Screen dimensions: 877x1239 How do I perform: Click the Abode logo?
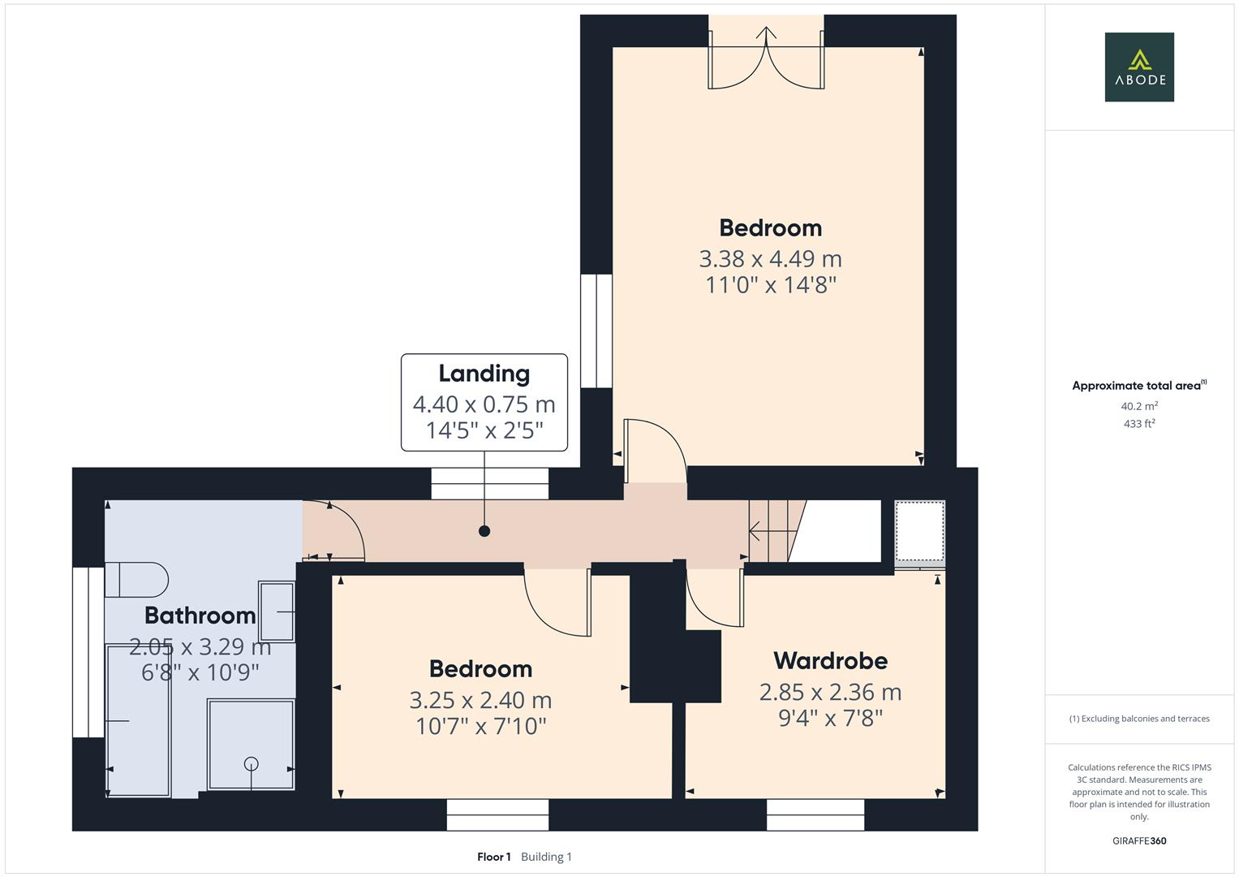tap(1138, 67)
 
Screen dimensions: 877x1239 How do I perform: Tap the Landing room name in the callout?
tap(484, 374)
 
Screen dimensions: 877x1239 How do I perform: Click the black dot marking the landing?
tap(484, 531)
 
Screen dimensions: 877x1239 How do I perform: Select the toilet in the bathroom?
tap(136, 579)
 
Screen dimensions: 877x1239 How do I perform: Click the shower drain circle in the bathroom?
tap(252, 763)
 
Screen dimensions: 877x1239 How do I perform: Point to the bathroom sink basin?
tap(277, 611)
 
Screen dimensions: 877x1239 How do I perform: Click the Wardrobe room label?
tap(830, 661)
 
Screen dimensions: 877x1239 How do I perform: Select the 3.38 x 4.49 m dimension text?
tap(770, 259)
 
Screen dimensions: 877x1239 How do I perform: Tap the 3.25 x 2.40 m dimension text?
tap(480, 700)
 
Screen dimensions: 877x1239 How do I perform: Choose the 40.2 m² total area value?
tap(1139, 406)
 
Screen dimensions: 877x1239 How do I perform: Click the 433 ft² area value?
tap(1139, 424)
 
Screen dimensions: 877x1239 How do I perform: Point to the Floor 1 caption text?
tap(493, 857)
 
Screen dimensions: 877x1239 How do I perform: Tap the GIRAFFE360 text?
tap(1138, 840)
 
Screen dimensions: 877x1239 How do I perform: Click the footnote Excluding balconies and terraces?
tap(1139, 719)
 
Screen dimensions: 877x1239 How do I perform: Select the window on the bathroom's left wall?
tap(88, 652)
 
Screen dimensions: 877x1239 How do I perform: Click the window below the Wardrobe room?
tap(815, 814)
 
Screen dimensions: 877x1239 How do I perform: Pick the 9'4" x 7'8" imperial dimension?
tap(830, 718)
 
